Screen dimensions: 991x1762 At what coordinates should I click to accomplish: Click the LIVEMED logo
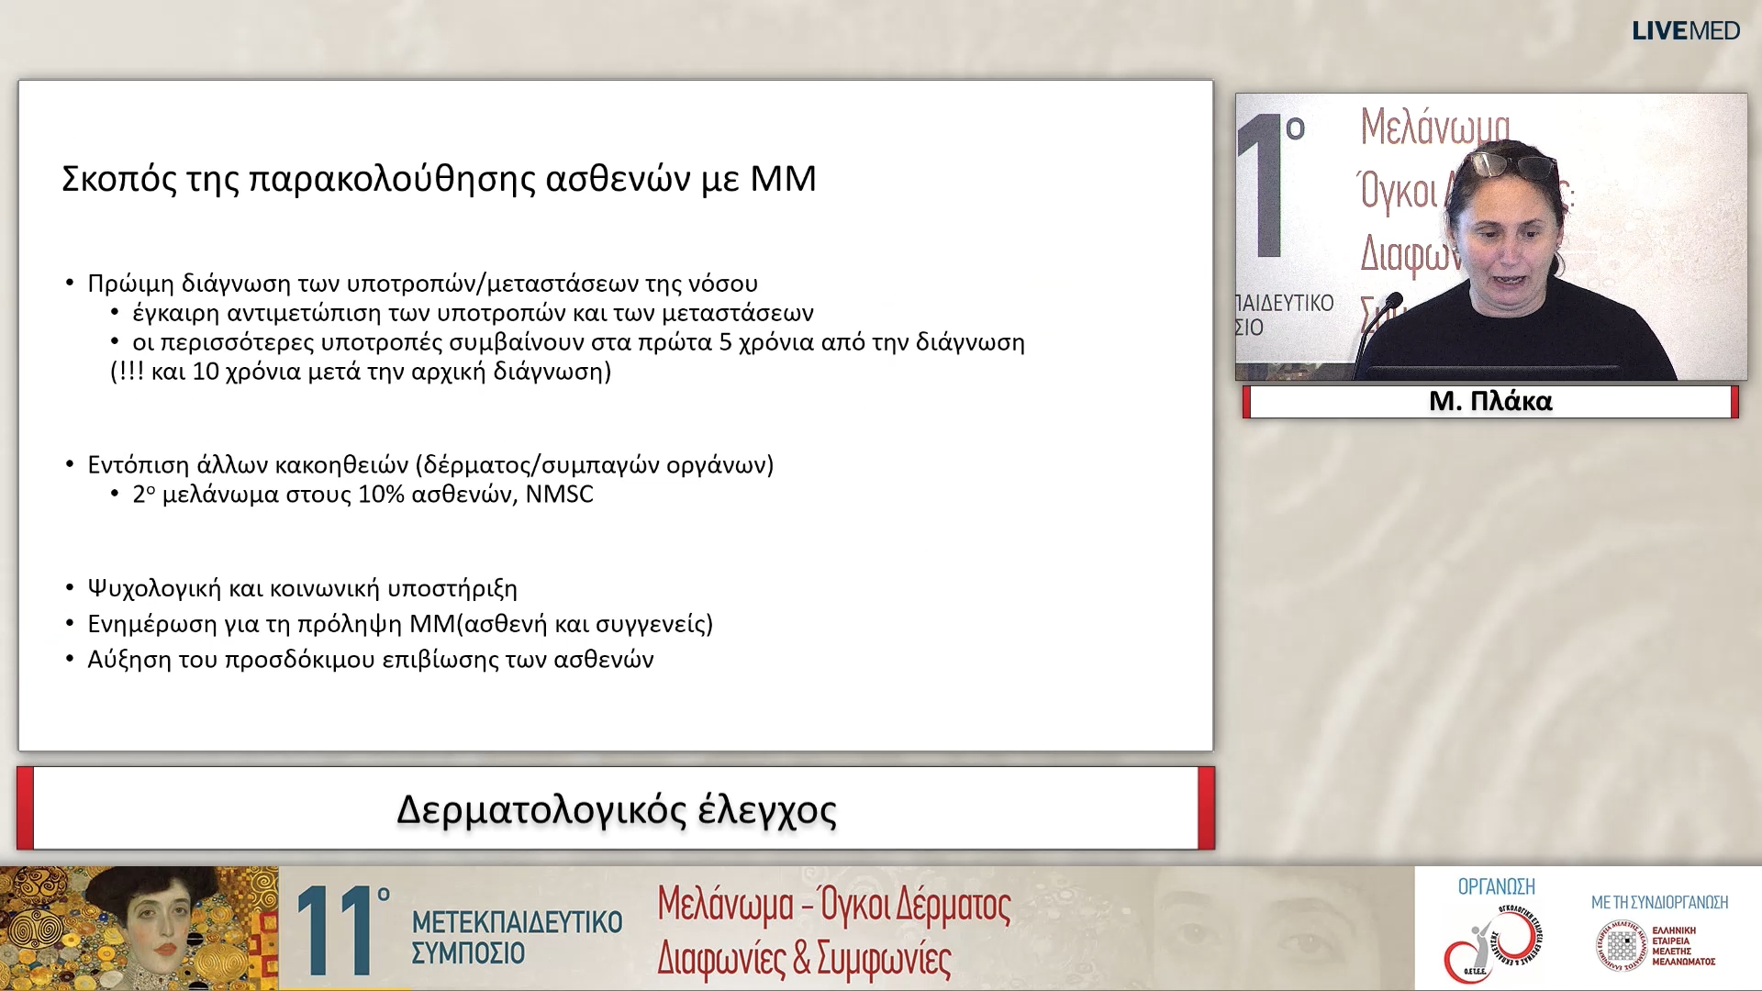click(1685, 31)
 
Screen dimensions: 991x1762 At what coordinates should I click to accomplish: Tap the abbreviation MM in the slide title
click(783, 179)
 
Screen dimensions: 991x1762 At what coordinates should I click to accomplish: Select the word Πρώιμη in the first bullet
click(130, 284)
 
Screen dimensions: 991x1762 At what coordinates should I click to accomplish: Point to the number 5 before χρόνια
click(726, 342)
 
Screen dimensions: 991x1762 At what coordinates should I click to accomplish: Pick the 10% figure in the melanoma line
click(381, 495)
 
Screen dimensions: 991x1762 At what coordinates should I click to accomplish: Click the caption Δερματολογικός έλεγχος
click(616, 810)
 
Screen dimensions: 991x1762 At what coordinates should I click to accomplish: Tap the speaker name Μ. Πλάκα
click(1490, 401)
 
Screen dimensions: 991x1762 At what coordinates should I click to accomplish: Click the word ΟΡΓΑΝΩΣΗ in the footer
click(1496, 886)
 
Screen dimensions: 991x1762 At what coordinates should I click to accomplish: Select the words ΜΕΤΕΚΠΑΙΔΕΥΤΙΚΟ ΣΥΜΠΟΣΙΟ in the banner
click(517, 937)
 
